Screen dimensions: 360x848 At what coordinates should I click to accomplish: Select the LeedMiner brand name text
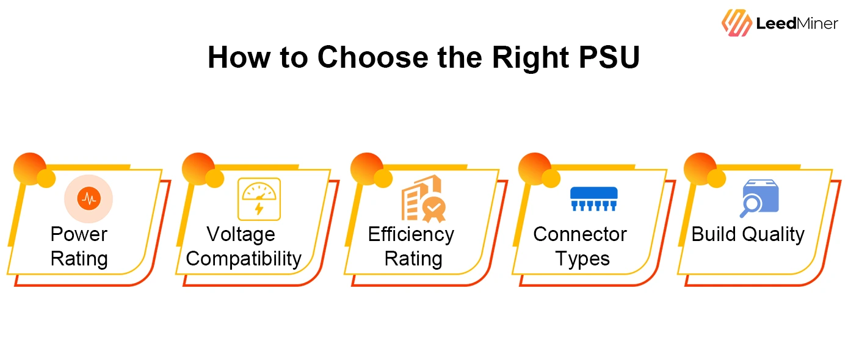(x=797, y=24)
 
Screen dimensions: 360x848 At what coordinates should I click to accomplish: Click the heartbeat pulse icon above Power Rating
(x=89, y=199)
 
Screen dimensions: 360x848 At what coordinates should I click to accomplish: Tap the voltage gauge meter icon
(x=259, y=199)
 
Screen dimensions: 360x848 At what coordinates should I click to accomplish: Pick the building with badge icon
(x=423, y=199)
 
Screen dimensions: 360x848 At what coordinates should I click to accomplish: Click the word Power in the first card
(x=79, y=234)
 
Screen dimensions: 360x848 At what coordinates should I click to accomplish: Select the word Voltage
(x=241, y=234)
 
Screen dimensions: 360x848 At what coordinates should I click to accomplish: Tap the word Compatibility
(x=244, y=259)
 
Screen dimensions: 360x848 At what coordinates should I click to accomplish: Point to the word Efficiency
(x=411, y=234)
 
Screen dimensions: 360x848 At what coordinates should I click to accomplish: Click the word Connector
(x=580, y=234)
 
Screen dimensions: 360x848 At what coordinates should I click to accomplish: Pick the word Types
(x=582, y=259)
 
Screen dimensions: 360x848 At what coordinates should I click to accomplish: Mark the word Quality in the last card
(x=775, y=234)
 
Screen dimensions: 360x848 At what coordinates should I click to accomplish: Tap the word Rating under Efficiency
(x=413, y=259)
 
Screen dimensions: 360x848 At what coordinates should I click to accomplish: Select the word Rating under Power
(x=79, y=259)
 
